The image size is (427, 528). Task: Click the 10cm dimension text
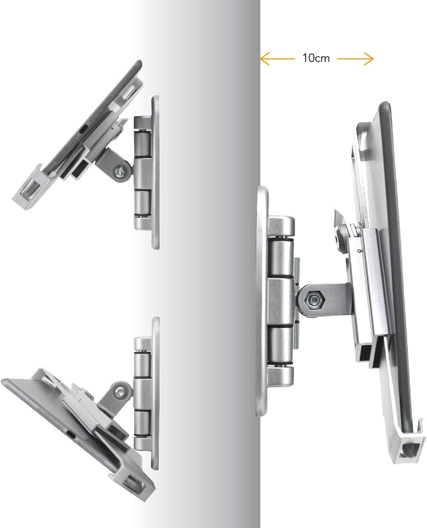316,58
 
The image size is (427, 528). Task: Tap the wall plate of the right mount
262,301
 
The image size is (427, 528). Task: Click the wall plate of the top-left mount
155,172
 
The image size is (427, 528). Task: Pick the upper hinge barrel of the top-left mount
142,144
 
